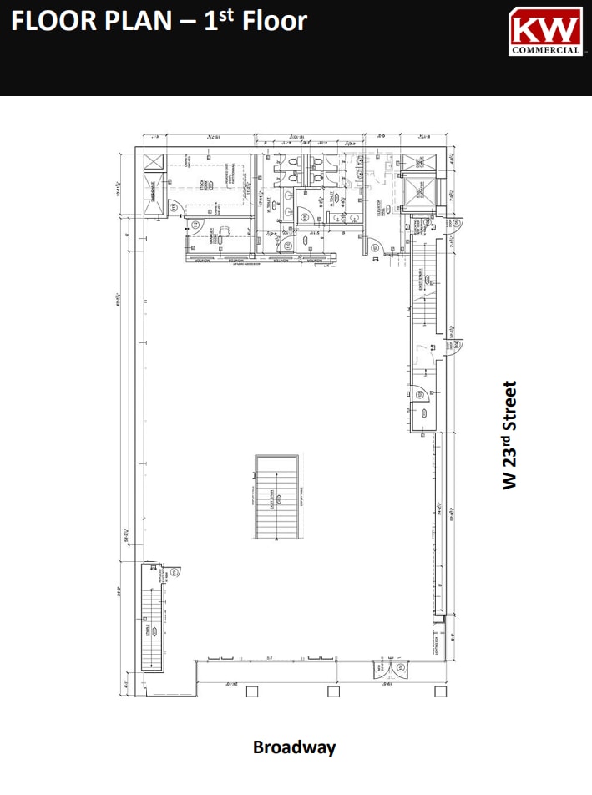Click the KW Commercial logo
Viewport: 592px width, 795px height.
pos(545,31)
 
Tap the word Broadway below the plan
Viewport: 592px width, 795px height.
pos(294,747)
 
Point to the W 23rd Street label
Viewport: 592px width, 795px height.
pos(510,435)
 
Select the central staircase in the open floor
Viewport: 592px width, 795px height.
pos(276,497)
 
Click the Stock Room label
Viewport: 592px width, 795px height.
pos(203,185)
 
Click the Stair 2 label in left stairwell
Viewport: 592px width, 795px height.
pos(149,628)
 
